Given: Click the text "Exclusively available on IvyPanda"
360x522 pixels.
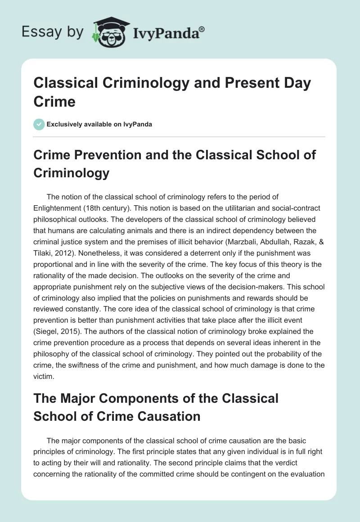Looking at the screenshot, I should point(99,124).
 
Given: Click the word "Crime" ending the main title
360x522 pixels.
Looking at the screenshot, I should point(54,102).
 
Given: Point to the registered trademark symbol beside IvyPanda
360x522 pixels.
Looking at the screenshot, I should point(202,28).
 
